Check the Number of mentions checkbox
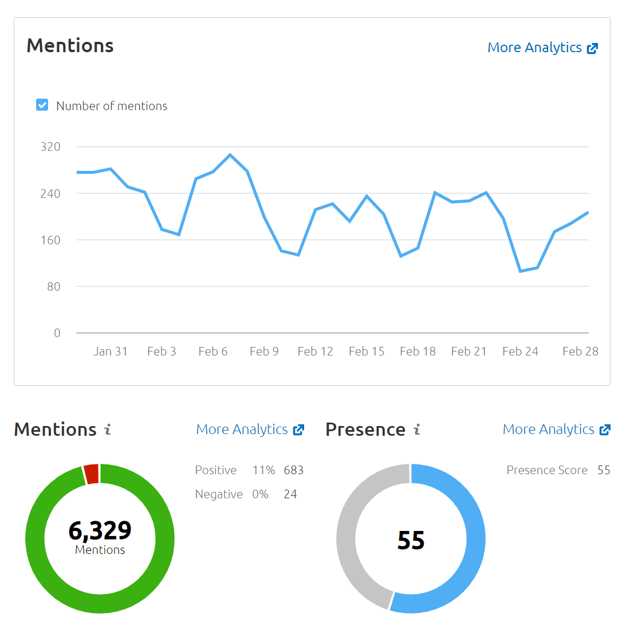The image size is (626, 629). tap(42, 105)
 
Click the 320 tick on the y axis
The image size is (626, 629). tap(50, 147)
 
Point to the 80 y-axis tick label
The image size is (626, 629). tap(53, 287)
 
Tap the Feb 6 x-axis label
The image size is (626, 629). tap(213, 351)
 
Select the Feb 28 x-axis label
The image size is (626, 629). tap(580, 351)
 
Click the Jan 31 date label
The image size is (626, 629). tap(111, 351)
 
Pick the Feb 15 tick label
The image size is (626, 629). tap(367, 351)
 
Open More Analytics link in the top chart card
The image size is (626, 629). tap(542, 48)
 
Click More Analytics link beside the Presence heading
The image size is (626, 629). tap(556, 429)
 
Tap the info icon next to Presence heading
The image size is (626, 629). tap(417, 429)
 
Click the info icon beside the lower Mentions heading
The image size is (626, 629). tap(108, 429)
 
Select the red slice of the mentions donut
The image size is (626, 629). tap(92, 474)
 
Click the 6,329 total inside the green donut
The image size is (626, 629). tap(100, 530)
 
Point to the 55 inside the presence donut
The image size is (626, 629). tap(411, 540)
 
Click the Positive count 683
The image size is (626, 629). tap(294, 470)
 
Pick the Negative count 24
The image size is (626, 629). tap(290, 494)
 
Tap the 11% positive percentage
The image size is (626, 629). tap(263, 470)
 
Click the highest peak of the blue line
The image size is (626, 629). tap(230, 155)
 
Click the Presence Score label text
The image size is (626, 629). tap(547, 470)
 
